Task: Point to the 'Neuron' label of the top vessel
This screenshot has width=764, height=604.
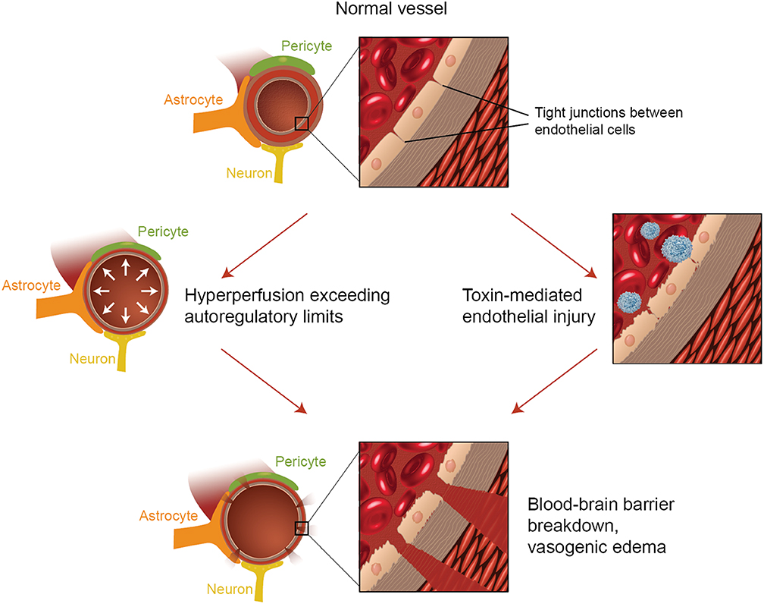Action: [249, 174]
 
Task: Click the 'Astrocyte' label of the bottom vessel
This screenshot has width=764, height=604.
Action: [169, 516]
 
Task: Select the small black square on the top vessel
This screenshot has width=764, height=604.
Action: [301, 123]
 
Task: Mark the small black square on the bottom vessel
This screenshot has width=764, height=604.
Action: [301, 528]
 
